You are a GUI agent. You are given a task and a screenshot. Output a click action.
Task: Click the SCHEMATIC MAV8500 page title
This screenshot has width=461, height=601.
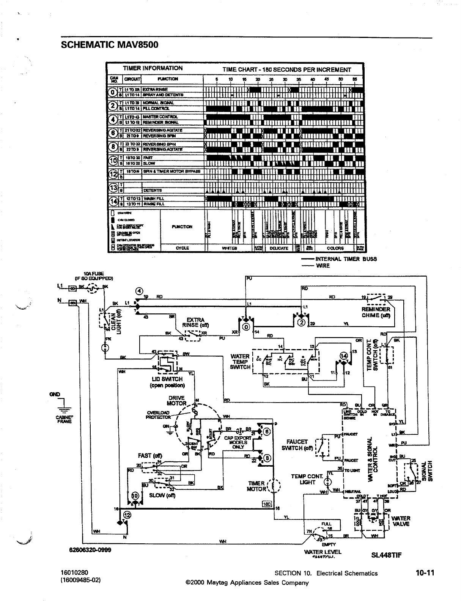click(x=109, y=45)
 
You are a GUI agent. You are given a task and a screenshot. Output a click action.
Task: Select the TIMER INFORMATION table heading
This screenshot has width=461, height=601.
click(x=153, y=68)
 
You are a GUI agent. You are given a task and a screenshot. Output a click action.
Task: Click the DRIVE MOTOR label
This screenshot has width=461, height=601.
click(x=177, y=401)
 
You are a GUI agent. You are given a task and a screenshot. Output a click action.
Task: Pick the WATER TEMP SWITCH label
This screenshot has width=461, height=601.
click(x=240, y=362)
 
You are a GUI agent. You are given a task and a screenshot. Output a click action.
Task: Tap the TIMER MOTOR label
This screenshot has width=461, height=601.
click(x=257, y=486)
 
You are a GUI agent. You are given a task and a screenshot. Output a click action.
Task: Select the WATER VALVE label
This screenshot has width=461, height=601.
click(x=401, y=521)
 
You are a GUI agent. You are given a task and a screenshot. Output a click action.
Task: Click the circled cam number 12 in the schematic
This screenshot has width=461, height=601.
click(x=127, y=515)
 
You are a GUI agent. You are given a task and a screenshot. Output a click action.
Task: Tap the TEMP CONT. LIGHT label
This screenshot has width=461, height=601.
click(x=307, y=479)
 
